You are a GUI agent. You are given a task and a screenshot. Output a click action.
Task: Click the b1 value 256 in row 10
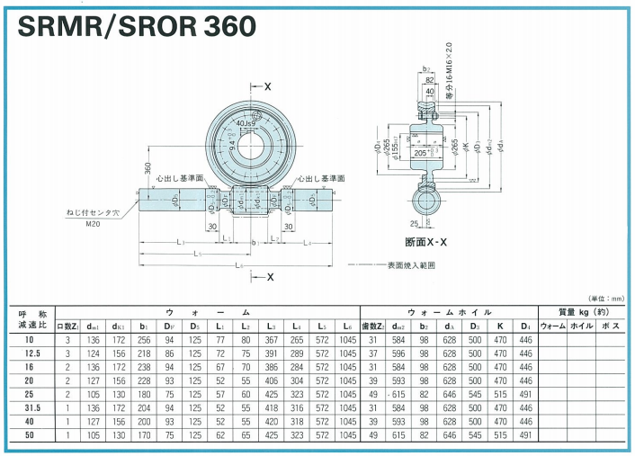(143, 340)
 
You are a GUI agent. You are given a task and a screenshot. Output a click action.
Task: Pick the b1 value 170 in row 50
(143, 434)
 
